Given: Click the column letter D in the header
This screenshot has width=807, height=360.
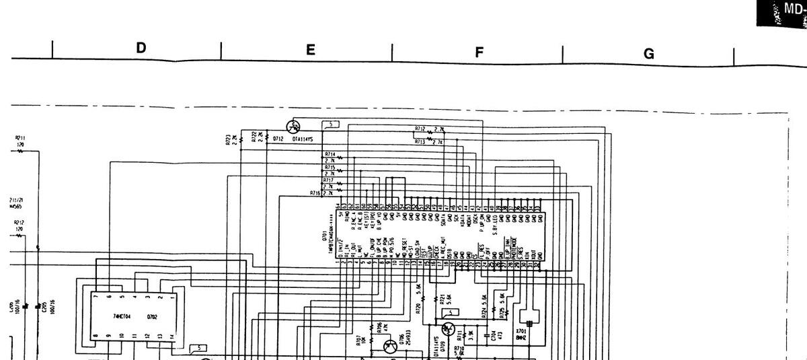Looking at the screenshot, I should tap(141, 48).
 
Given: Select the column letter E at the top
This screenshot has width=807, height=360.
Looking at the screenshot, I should tap(310, 50).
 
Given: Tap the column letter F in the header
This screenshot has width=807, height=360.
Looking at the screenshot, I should tap(479, 52).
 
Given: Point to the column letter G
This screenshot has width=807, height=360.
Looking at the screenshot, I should tap(649, 54).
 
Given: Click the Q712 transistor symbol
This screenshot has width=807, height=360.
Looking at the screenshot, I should tap(293, 127).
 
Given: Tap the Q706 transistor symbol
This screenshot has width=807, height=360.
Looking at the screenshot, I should tap(389, 347).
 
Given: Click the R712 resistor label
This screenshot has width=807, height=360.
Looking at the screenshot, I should tap(420, 128).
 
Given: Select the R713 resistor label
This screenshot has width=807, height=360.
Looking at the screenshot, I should tap(420, 142).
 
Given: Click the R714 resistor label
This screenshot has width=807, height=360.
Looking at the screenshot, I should tap(329, 154).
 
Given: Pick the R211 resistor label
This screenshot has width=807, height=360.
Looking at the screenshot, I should tap(20, 141).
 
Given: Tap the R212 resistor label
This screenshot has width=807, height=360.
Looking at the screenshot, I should tap(19, 225).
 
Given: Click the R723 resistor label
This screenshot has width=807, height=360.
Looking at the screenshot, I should tap(229, 139).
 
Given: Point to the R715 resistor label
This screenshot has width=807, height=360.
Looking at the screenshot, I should tap(329, 168).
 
